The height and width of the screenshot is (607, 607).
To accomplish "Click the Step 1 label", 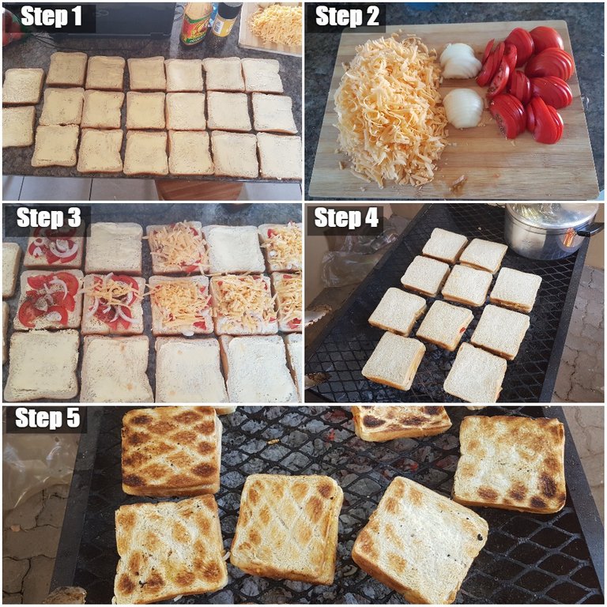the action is [x=51, y=17].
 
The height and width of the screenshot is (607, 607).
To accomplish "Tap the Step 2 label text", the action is [x=347, y=17].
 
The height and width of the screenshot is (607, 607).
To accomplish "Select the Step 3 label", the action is [x=49, y=217].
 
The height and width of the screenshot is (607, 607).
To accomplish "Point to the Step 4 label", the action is [x=346, y=217].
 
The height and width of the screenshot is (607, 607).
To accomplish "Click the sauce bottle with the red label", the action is [x=195, y=22].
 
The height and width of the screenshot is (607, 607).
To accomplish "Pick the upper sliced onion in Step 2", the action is [x=461, y=61].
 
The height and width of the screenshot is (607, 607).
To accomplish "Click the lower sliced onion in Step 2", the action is [x=463, y=108].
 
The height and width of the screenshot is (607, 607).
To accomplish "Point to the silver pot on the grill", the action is [x=551, y=230].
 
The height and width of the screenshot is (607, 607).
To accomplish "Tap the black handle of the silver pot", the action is [x=591, y=231].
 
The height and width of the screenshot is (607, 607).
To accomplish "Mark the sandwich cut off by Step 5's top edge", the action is [x=401, y=423].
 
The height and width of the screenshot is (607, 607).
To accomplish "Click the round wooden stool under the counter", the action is [x=199, y=190].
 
